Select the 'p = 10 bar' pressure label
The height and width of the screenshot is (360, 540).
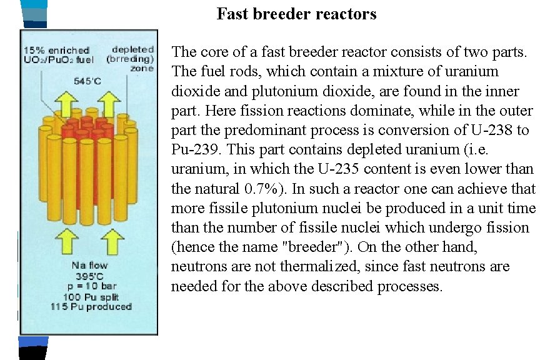89,286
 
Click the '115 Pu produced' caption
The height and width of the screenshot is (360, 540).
91,306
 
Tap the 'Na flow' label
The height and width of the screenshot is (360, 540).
89,266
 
